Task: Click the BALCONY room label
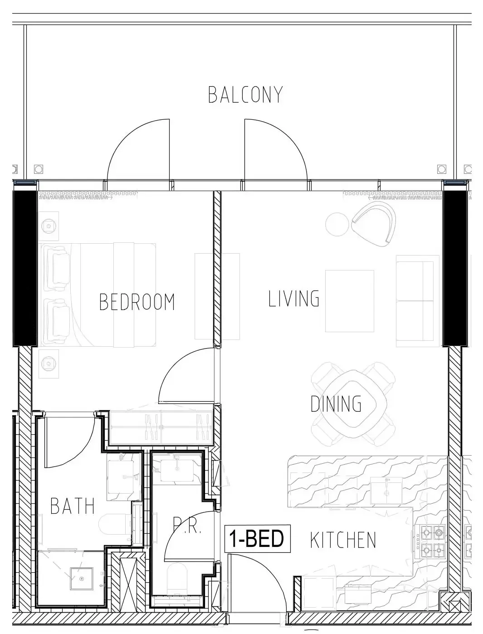[245, 94]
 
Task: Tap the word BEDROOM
[137, 302]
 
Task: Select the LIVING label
[294, 298]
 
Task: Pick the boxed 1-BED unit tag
[257, 539]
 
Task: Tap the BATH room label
[73, 506]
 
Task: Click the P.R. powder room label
[187, 528]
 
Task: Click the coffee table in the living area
[349, 301]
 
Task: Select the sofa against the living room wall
[415, 301]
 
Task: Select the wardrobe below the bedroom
[161, 428]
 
